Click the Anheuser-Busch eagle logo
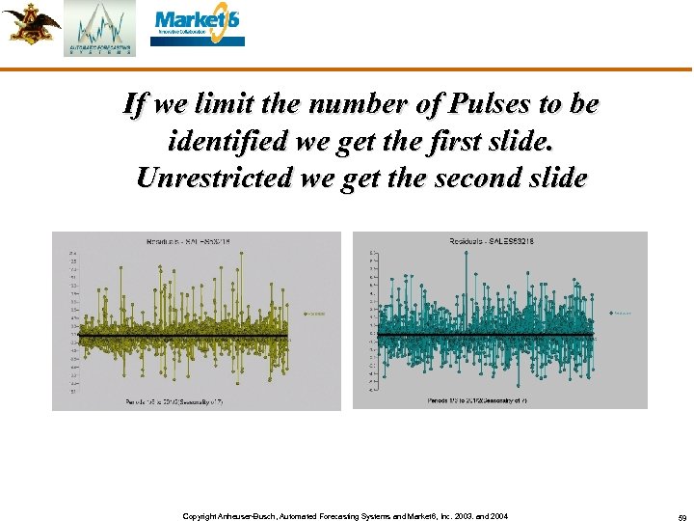click(30, 23)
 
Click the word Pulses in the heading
click(442, 105)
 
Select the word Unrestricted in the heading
click(213, 178)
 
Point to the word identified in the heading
click(225, 142)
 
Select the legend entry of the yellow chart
click(315, 313)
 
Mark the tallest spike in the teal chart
click(468, 253)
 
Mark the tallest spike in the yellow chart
click(121, 257)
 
